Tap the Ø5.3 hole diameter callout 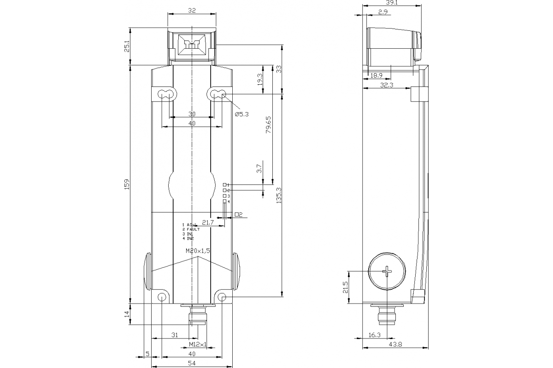coord(241,114)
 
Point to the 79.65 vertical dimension coord(269,125)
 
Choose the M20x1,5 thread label coord(198,251)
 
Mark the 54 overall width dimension coord(191,364)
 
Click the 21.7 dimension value coord(208,223)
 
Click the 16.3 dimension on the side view coord(376,335)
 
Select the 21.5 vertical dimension coord(345,287)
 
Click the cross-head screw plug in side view coord(387,271)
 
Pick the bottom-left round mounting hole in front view coord(162,297)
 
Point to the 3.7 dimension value coord(259,169)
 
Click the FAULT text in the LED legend coord(193,229)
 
